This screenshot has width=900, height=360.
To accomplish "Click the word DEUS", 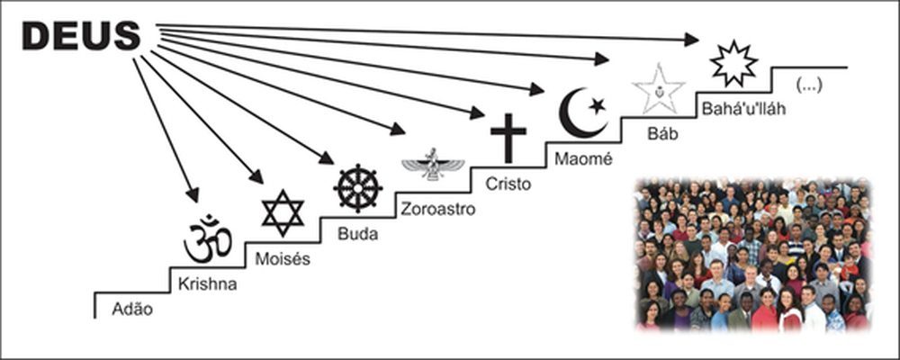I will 82,36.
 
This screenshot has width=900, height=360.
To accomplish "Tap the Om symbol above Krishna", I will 208,238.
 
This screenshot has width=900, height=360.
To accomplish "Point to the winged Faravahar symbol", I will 433,164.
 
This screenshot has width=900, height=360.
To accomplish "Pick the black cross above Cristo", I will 508,138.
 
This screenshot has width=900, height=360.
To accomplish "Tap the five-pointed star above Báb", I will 659,88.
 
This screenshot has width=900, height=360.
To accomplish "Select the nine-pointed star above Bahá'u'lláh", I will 734,63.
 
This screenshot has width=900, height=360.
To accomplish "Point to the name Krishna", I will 208,284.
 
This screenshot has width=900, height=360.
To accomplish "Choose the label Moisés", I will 283,259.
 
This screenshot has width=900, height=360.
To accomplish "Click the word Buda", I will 357,235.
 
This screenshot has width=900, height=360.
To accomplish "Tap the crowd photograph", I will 752,254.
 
